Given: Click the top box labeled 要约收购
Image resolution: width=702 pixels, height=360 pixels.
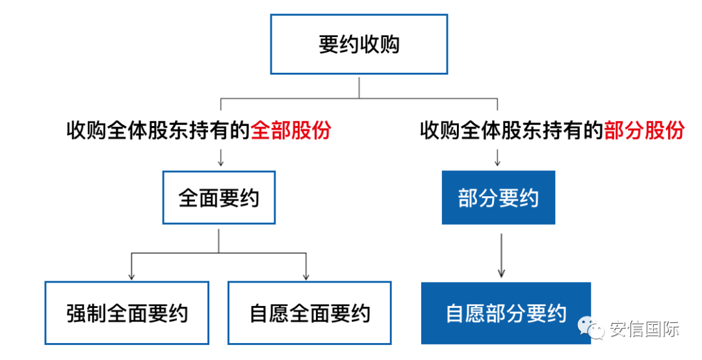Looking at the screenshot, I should pos(359,44).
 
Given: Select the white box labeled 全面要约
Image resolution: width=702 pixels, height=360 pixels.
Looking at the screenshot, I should pos(219,198).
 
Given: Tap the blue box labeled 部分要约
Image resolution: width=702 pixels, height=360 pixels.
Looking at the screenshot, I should pos(498,198).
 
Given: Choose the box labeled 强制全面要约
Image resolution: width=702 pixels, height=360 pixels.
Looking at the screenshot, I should pos(127,313).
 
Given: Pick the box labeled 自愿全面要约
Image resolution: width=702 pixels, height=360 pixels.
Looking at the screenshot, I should pos(309,313).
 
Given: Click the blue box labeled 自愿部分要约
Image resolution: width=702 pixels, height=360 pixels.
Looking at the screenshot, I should pos(506,313).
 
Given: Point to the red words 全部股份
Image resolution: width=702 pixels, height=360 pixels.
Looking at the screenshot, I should pos(291,131).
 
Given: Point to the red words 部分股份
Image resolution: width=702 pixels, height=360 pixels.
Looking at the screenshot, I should pos(644,131).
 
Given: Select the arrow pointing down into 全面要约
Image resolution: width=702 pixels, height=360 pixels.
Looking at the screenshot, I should pos(220,157).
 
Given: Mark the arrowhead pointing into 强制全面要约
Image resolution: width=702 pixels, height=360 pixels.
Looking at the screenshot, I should pos(131,276).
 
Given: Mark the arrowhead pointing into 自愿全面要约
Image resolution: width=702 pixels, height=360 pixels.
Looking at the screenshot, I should pos(306,276).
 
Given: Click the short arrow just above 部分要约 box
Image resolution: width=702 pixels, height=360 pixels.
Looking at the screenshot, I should pos(498,157).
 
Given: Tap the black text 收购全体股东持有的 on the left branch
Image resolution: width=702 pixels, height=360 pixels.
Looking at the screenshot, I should pos(158,131).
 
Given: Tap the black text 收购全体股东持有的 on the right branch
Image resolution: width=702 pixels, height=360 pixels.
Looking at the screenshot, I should pos(512,131).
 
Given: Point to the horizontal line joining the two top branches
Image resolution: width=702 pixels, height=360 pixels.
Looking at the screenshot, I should pos(359,99).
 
